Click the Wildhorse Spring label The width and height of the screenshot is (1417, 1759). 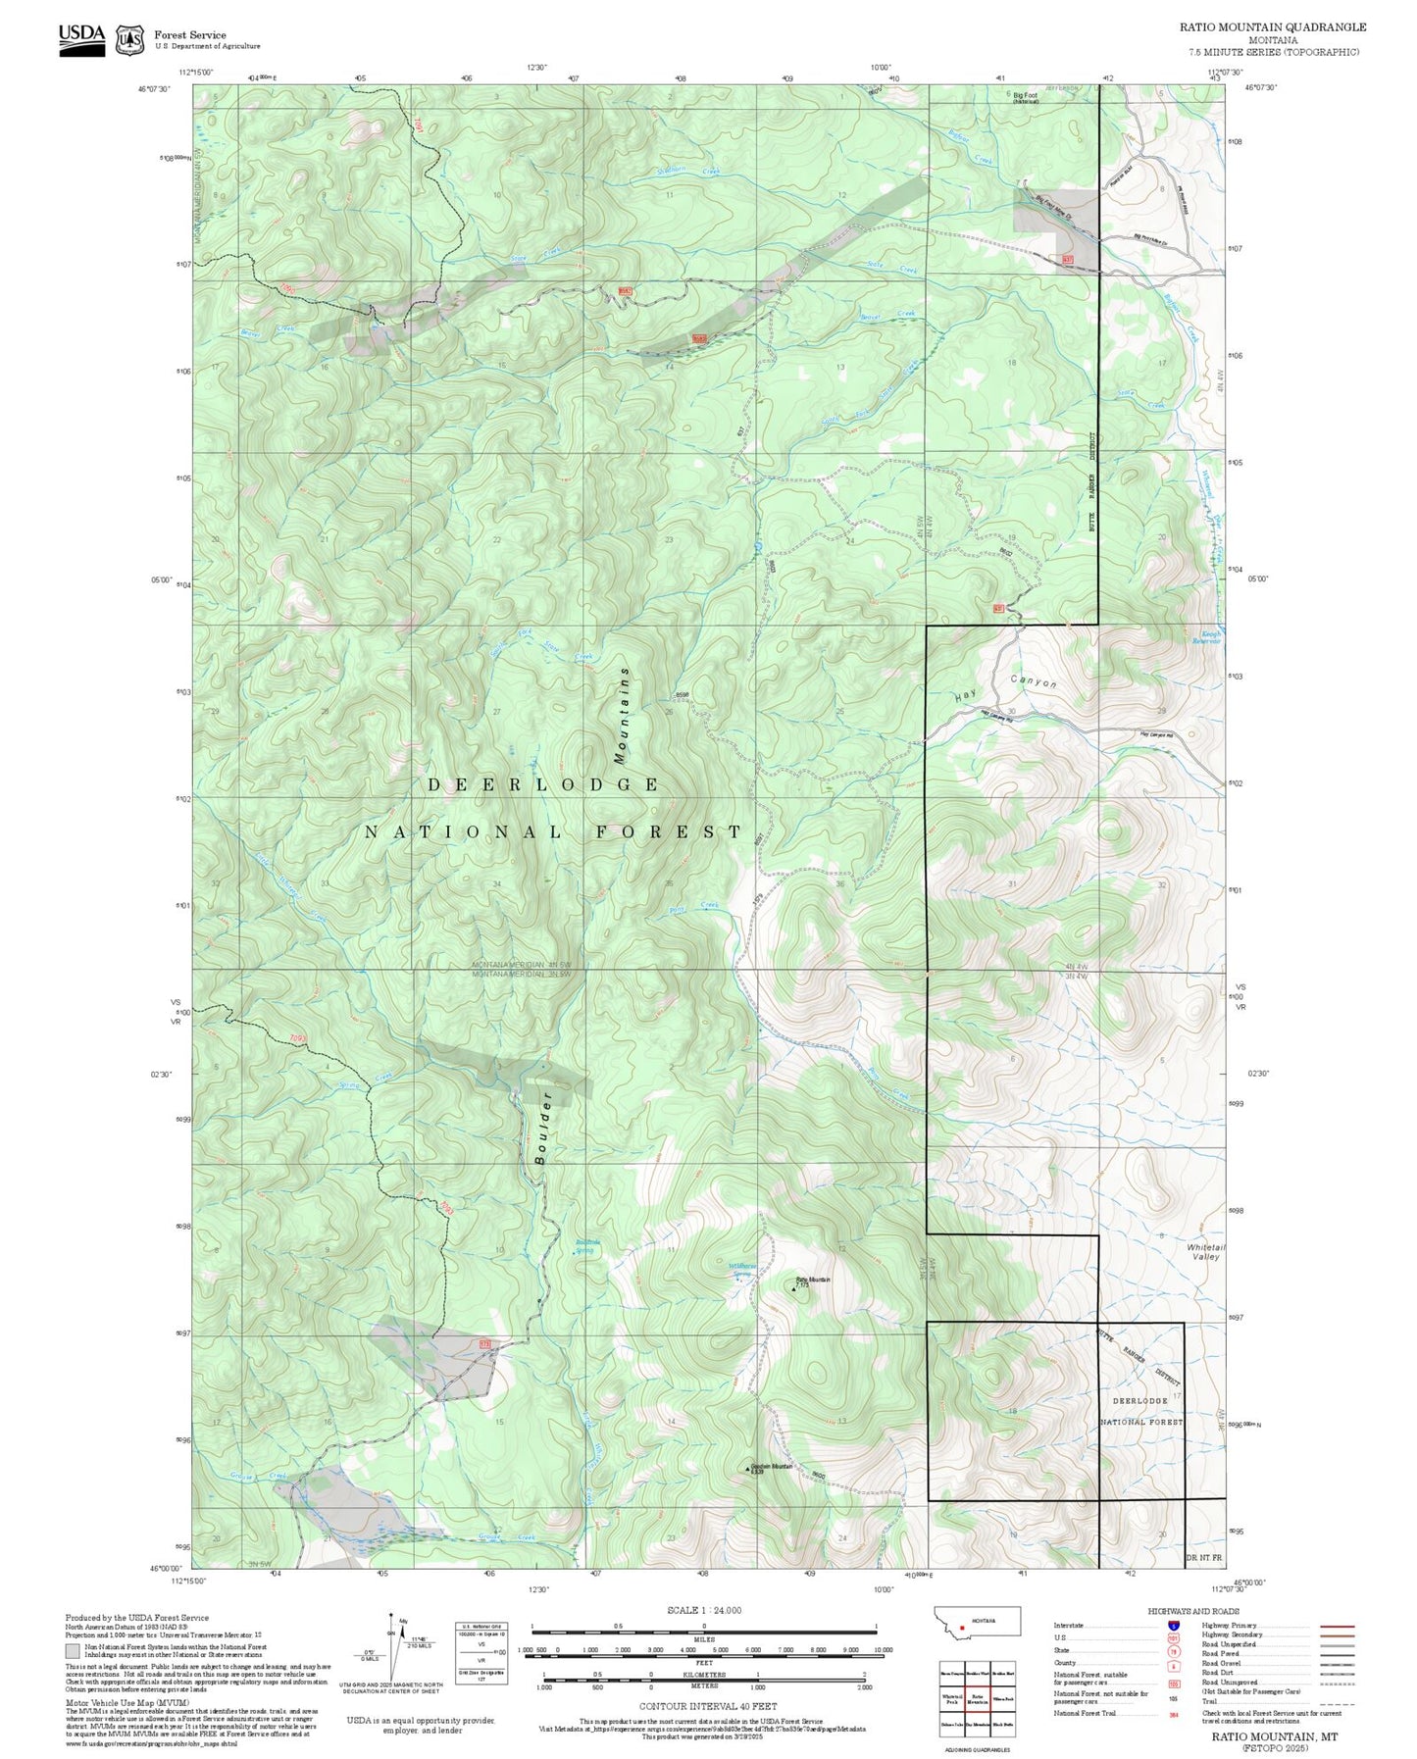click(742, 1267)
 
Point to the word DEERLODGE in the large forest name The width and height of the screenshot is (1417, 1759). click(543, 784)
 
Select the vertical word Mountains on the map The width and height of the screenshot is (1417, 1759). click(622, 715)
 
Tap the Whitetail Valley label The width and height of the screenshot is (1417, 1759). click(1205, 1252)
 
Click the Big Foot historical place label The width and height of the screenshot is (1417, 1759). click(1026, 98)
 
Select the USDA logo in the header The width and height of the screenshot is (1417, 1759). click(81, 39)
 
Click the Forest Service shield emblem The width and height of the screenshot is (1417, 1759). click(129, 40)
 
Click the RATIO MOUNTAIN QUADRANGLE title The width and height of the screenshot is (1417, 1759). click(1272, 27)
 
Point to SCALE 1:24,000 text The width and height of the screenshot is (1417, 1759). click(703, 1610)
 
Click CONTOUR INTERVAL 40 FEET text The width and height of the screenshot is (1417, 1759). click(707, 1706)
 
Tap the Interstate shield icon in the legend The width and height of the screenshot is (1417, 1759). click(1174, 1626)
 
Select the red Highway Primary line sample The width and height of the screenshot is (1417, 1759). click(1338, 1626)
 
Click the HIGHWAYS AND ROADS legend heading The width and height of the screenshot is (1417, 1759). click(1193, 1611)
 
